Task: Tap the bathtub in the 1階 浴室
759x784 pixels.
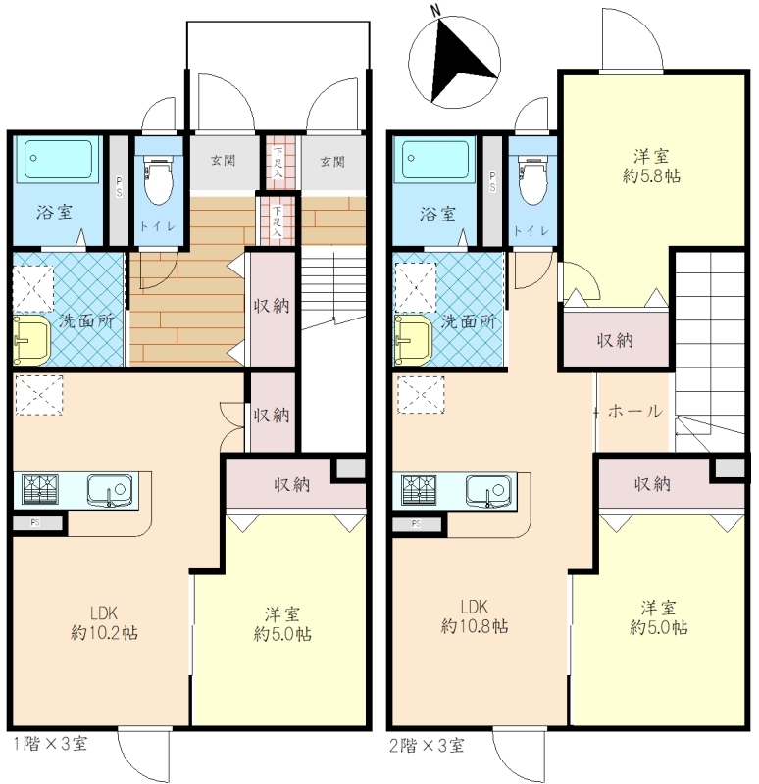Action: pos(58,159)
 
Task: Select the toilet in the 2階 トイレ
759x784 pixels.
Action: pos(532,180)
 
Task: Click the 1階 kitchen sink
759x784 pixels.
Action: pos(110,490)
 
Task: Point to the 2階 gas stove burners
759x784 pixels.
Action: pos(419,488)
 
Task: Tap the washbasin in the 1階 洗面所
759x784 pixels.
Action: pos(31,339)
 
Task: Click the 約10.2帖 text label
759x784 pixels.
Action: pos(105,633)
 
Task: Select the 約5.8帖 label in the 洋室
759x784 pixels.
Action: pos(651,176)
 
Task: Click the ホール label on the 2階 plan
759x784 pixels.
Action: pos(634,412)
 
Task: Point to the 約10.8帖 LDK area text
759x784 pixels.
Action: pos(475,626)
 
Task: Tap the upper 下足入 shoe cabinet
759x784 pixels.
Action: pos(278,162)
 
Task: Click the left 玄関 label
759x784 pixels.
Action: pos(223,161)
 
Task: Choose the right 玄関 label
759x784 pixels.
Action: pos(332,161)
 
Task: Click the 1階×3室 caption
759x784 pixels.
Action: pos(51,744)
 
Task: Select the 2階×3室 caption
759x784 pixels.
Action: pos(427,746)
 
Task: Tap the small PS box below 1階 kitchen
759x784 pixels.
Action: pos(37,523)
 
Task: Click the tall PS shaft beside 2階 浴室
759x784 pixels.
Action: pos(493,191)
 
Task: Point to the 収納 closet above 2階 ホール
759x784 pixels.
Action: pos(616,339)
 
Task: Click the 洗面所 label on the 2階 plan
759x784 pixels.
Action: pos(469,321)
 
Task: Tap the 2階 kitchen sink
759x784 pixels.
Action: pos(488,490)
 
